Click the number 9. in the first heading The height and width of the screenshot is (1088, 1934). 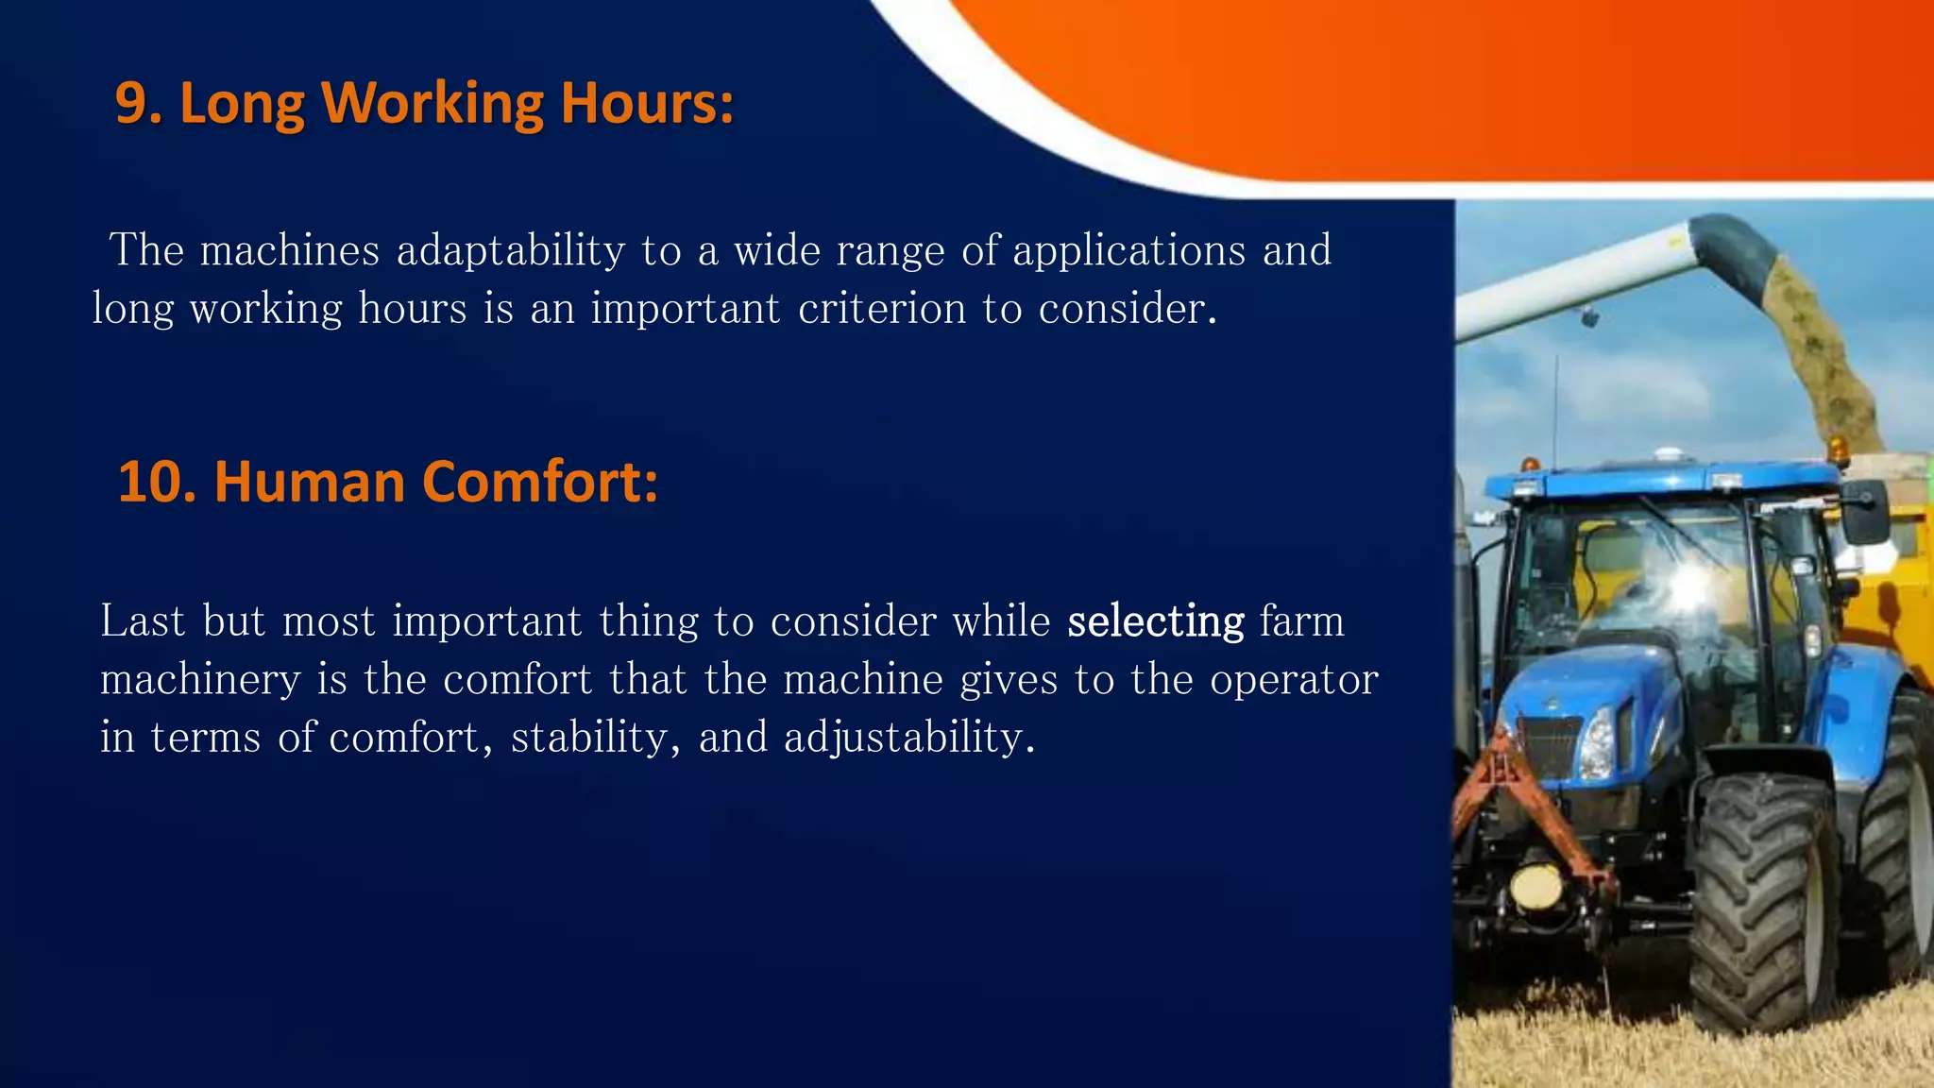(139, 103)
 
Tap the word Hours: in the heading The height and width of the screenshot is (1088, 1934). (647, 103)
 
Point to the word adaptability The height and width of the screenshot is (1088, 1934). (511, 251)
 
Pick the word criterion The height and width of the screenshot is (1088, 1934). (882, 309)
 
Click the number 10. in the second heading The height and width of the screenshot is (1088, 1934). (157, 482)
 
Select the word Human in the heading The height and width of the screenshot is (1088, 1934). (311, 482)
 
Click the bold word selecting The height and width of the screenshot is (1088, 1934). (1156, 621)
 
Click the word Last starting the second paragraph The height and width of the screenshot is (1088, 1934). (142, 621)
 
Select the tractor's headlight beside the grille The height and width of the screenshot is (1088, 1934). (1598, 744)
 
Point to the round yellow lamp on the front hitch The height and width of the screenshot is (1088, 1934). (1536, 886)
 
